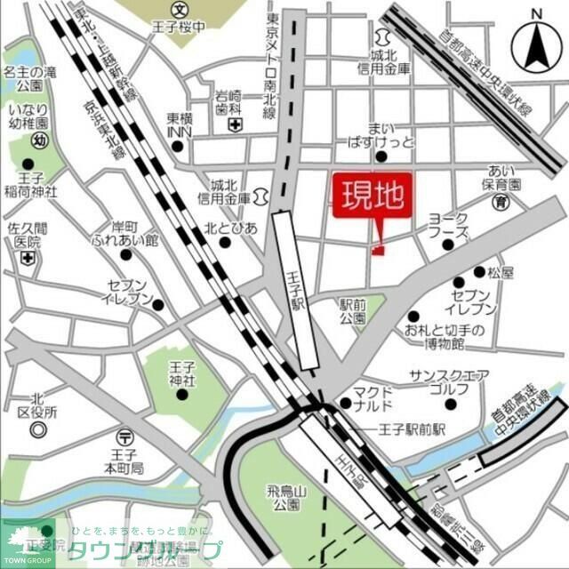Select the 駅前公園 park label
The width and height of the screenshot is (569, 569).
(352, 311)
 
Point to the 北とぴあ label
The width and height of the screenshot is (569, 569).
(230, 228)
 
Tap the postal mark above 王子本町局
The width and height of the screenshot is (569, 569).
(124, 436)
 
